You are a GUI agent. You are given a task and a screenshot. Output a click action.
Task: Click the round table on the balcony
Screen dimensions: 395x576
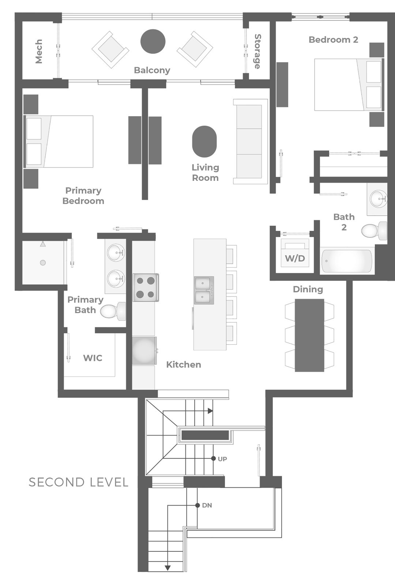153,41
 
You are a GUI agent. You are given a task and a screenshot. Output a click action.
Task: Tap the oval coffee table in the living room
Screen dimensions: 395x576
204,141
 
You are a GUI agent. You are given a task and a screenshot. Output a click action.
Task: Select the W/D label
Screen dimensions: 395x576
295,258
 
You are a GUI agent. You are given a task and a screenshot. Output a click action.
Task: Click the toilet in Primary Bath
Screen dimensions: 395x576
113,311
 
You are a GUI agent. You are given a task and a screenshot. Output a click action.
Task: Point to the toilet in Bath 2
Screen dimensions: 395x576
374,231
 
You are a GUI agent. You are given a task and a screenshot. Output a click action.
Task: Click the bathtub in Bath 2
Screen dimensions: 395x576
347,261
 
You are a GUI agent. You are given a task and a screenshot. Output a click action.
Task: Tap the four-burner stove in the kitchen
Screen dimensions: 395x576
146,287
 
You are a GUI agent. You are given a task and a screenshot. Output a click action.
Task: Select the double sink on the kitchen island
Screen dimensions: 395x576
204,290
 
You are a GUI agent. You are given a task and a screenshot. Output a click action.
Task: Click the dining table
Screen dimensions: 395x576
309,335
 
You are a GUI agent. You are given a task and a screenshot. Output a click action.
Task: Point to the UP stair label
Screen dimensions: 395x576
222,459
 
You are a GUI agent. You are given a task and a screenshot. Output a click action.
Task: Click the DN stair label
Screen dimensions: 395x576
207,505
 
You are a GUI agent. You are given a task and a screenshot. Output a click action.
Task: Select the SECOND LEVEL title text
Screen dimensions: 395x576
78,482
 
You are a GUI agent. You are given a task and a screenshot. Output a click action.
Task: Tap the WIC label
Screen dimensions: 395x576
93,358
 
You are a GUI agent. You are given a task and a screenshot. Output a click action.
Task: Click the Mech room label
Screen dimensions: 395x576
39,51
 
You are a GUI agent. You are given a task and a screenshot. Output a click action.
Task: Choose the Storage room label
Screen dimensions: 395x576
257,52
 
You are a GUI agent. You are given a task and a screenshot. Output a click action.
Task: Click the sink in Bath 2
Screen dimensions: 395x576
379,199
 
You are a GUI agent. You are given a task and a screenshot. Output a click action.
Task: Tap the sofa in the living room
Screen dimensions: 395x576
250,141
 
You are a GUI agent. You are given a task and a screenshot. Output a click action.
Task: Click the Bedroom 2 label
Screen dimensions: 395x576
334,39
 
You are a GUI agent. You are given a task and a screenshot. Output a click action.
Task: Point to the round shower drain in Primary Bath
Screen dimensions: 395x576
43,263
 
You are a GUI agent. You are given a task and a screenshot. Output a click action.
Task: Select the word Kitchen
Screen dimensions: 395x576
184,365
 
